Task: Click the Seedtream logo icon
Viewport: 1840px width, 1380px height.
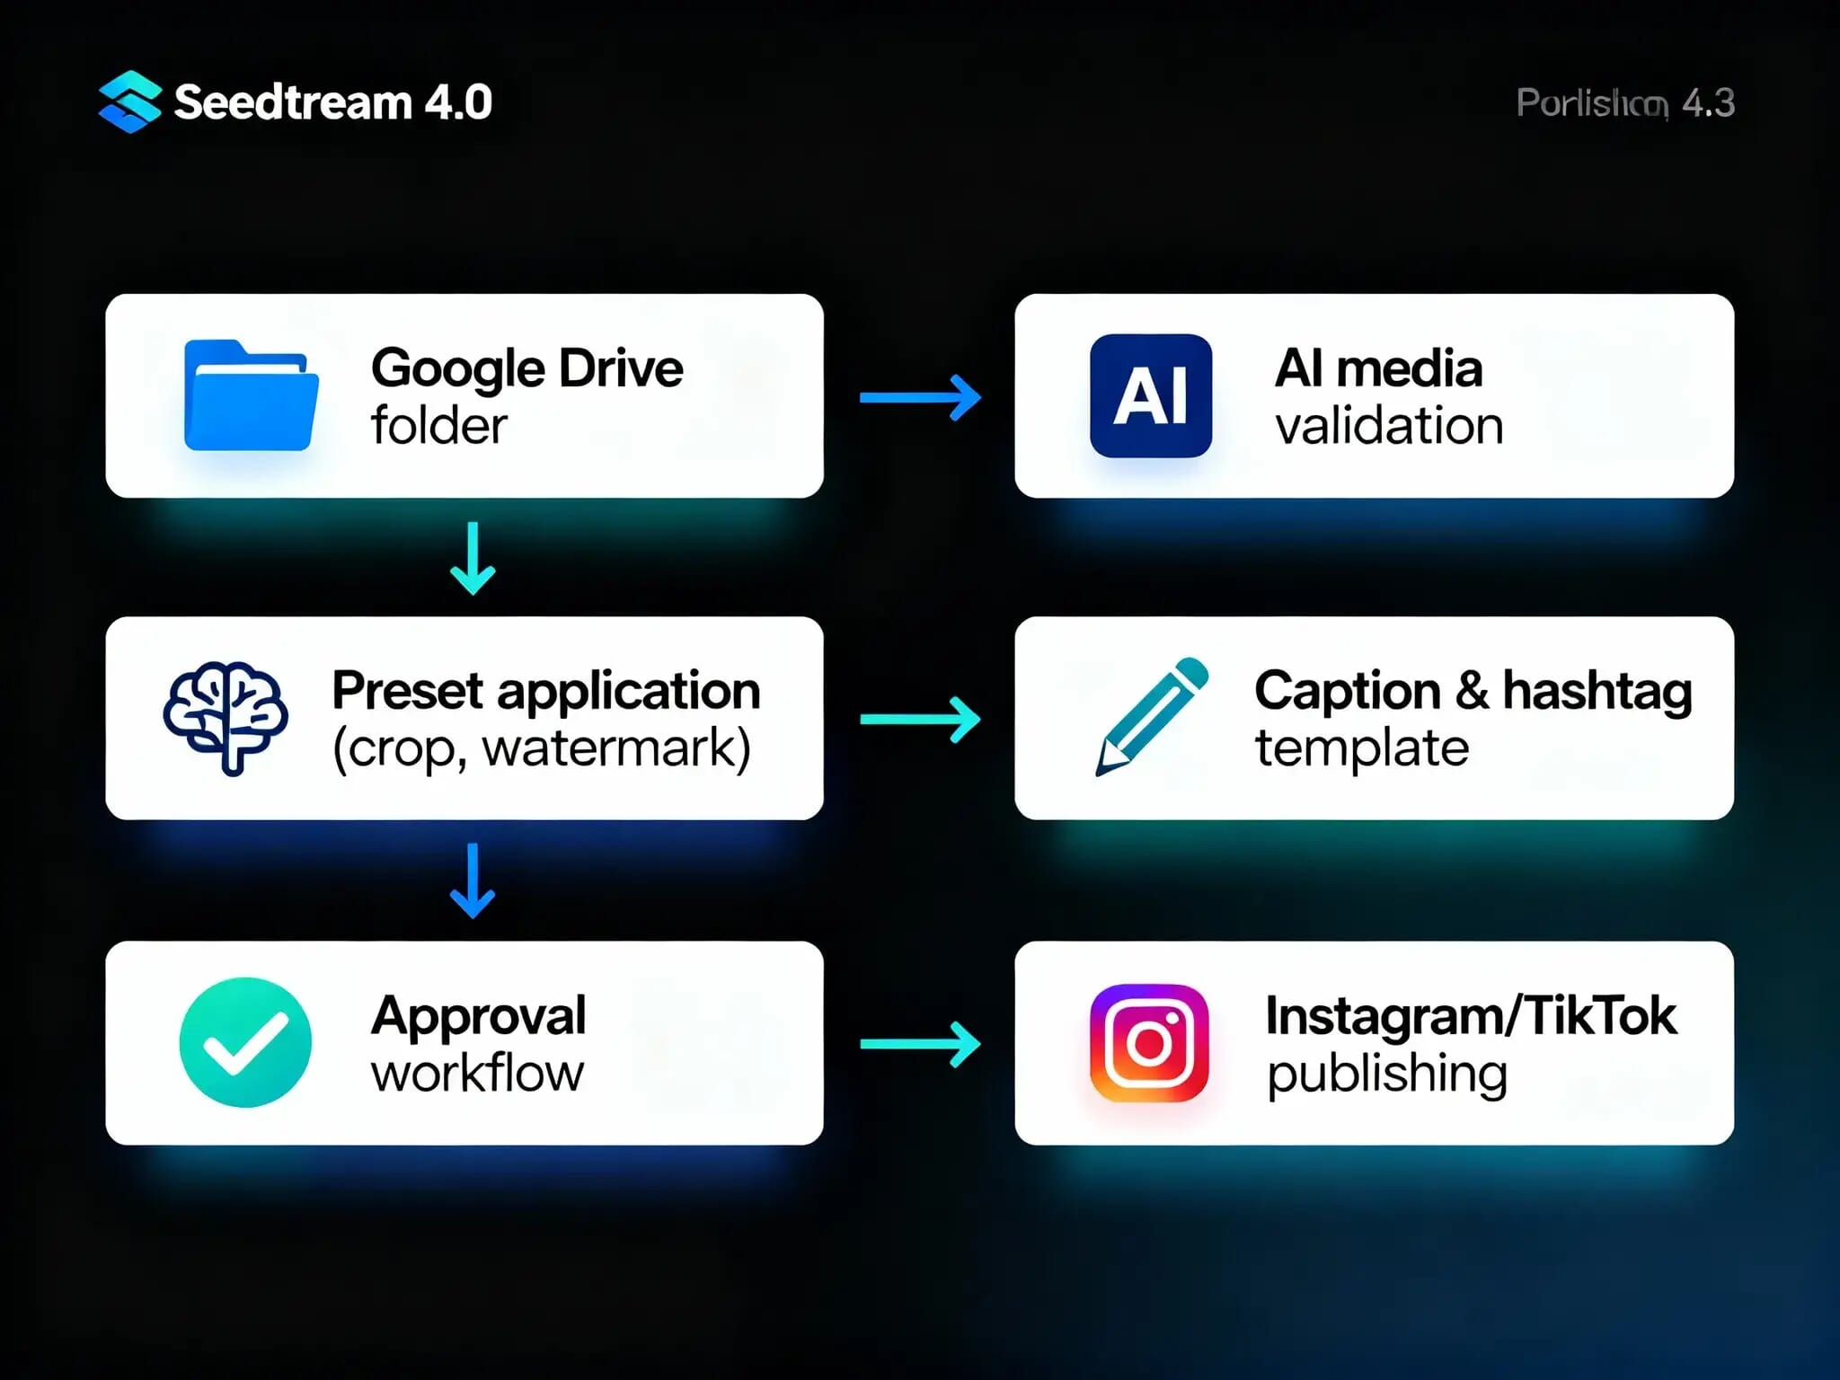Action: click(x=129, y=102)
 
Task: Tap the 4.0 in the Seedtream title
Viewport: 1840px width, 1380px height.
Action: click(x=458, y=102)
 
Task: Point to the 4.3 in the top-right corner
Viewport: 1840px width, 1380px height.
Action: click(x=1708, y=103)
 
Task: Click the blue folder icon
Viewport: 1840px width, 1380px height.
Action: click(x=251, y=395)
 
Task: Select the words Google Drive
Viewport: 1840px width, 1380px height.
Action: click(x=527, y=368)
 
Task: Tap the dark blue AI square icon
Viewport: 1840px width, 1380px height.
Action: click(x=1151, y=395)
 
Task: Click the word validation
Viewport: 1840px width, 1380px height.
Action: click(x=1389, y=426)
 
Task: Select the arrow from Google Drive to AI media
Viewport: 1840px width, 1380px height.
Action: click(x=920, y=397)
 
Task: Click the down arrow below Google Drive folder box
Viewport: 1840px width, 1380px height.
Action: click(x=473, y=558)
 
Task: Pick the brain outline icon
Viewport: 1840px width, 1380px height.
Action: click(x=226, y=717)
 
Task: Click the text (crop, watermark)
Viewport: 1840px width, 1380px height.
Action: click(x=542, y=748)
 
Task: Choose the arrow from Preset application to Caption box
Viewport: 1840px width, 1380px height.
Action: click(x=920, y=719)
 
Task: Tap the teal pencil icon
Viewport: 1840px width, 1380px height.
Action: click(x=1151, y=716)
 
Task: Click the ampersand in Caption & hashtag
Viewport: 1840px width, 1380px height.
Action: click(x=1472, y=690)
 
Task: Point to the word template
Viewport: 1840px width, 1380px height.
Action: click(x=1362, y=748)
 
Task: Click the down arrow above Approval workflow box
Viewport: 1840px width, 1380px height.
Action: click(x=473, y=880)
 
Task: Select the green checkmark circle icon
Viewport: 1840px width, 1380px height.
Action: click(x=245, y=1042)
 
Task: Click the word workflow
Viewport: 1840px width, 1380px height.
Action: click(x=478, y=1073)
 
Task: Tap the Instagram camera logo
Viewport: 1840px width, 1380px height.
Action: click(x=1149, y=1043)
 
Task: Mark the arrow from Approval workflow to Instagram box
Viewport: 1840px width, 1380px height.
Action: click(x=920, y=1044)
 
